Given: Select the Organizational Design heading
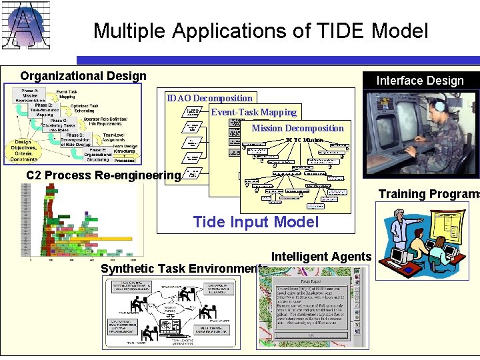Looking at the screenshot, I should pos(83,76).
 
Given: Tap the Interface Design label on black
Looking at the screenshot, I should pos(420,81).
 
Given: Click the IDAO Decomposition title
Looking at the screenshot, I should pos(210,99).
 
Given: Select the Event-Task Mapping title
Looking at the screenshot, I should pos(254,112).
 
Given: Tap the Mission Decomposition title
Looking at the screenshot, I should pos(297,128).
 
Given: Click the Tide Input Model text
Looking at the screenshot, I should pos(255,222).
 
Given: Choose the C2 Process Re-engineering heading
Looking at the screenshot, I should pos(103,175).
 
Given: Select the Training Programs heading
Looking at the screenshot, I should pos(429,194).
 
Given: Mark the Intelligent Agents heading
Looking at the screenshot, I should pos(321,256).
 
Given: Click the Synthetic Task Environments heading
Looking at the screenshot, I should pos(184,269).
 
